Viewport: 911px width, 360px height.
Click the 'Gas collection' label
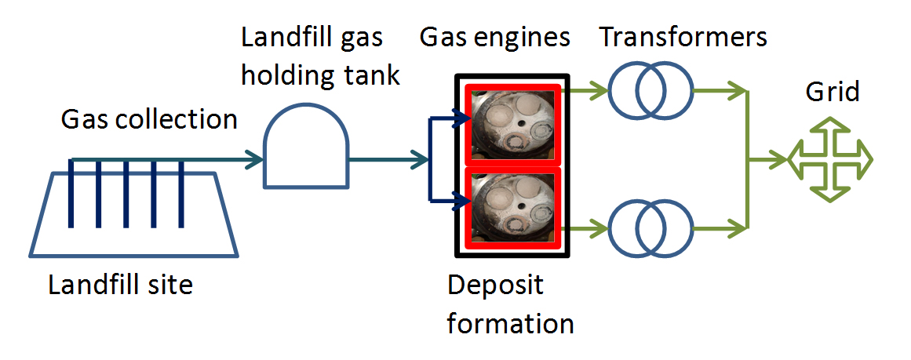pyautogui.click(x=149, y=119)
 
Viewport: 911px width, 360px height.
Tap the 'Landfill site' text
pyautogui.click(x=120, y=284)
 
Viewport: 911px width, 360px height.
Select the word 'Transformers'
pyautogui.click(x=683, y=37)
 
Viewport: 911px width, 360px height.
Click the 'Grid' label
pyautogui.click(x=833, y=92)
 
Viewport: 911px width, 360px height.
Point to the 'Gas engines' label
pyautogui.click(x=494, y=37)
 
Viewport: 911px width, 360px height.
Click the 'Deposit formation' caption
pyautogui.click(x=510, y=304)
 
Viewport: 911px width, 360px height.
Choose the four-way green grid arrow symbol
pyautogui.click(x=829, y=160)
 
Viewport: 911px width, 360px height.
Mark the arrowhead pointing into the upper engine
pyautogui.click(x=463, y=120)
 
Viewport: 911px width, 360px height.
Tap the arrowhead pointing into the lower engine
pyautogui.click(x=463, y=202)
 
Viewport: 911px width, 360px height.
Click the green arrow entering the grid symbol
pyautogui.click(x=779, y=160)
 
